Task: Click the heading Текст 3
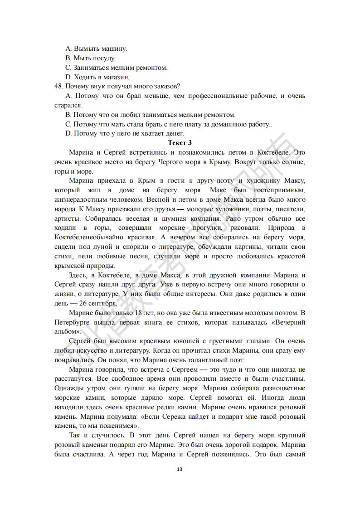point(180,143)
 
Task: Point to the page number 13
point(180,469)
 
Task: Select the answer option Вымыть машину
point(96,48)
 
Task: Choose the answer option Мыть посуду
point(90,58)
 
